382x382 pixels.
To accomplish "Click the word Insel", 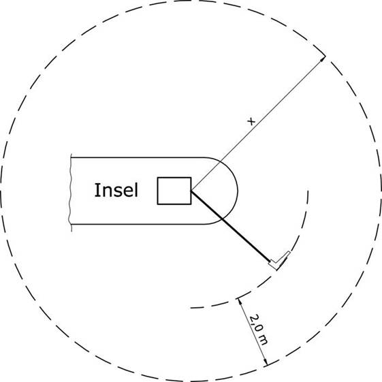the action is pyautogui.click(x=116, y=190).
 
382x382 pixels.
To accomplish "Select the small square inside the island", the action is pyautogui.click(x=174, y=191).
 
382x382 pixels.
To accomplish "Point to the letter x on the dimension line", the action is pyautogui.click(x=251, y=121).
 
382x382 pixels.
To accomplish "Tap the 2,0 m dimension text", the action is pyautogui.click(x=259, y=330).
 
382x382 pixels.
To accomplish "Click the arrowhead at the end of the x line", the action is pyautogui.click(x=323, y=59).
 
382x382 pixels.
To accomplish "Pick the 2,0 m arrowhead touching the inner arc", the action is pyautogui.click(x=240, y=302).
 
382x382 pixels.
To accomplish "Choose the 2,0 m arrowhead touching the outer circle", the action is pyautogui.click(x=266, y=362).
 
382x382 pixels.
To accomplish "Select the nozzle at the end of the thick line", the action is pyautogui.click(x=279, y=260).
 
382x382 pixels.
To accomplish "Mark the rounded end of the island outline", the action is pyautogui.click(x=238, y=191).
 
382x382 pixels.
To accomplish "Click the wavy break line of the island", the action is pyautogui.click(x=71, y=193).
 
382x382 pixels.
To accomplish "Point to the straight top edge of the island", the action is pyautogui.click(x=138, y=157).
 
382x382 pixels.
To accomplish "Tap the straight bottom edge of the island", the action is pyautogui.click(x=138, y=224).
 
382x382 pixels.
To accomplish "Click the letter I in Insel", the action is pyautogui.click(x=96, y=190).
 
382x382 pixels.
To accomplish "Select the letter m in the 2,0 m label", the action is pyautogui.click(x=263, y=340).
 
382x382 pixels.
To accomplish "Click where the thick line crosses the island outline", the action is pyautogui.click(x=222, y=219).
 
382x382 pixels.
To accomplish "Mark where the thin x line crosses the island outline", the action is pyautogui.click(x=220, y=161).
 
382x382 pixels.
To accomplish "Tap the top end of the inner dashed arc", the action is pyautogui.click(x=308, y=191).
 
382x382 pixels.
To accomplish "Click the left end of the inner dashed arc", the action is pyautogui.click(x=191, y=308).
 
